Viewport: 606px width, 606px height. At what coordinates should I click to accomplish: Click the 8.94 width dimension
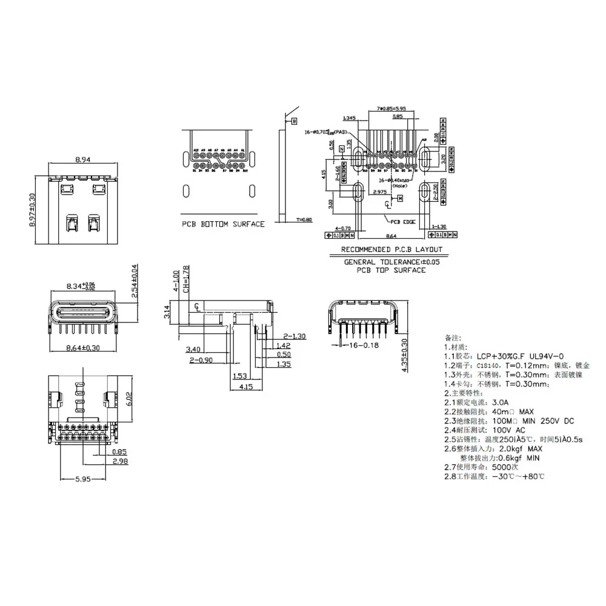tap(82, 160)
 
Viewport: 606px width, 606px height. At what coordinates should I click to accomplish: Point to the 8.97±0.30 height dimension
tap(33, 208)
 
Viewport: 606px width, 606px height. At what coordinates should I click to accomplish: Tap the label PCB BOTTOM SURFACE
tap(224, 224)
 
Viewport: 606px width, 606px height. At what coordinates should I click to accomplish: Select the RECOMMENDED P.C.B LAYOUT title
tap(391, 249)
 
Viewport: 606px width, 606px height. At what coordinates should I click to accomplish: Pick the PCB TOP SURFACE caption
tap(391, 270)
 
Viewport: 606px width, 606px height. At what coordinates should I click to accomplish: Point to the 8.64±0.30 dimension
tap(82, 348)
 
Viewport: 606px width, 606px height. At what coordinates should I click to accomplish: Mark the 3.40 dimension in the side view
tap(193, 349)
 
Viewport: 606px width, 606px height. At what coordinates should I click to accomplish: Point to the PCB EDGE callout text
tap(403, 222)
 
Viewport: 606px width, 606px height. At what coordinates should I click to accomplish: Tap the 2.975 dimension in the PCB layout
tap(380, 191)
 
